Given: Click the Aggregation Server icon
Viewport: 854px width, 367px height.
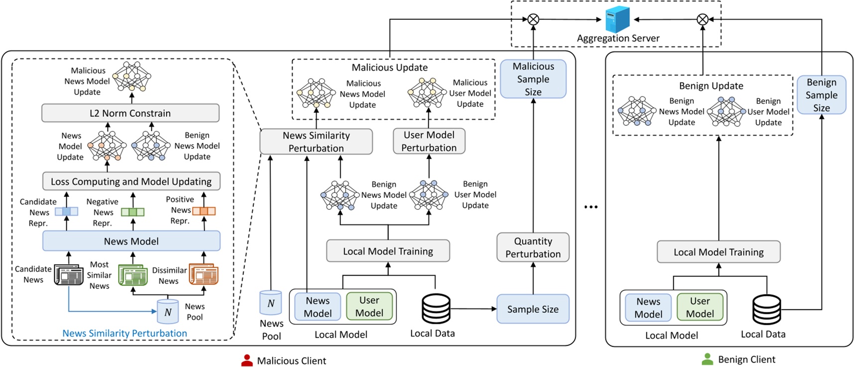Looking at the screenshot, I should pos(617,20).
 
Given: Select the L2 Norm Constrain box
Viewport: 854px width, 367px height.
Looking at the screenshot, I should pos(130,113).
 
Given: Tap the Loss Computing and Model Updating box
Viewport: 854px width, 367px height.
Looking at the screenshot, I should pos(131,182).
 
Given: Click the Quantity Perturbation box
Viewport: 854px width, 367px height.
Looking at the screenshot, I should pos(533,247).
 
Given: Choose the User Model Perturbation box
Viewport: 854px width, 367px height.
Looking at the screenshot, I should pos(429,141).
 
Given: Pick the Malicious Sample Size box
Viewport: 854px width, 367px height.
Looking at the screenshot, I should pos(533,79).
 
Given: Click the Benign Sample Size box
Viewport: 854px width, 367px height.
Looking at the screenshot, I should pos(821,95).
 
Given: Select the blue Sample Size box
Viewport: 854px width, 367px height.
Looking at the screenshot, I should pos(533,309).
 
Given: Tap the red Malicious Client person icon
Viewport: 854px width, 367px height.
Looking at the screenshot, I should pos(246,361).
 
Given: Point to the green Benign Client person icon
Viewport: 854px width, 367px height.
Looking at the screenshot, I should pos(707,360).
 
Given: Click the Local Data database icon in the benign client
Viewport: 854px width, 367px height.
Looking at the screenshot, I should pos(766,309).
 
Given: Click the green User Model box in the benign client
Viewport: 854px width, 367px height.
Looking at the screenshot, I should pos(700,307).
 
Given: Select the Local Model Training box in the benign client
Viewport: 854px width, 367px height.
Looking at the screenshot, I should pos(718,252).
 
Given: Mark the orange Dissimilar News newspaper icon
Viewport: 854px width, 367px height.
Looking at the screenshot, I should pos(204,275).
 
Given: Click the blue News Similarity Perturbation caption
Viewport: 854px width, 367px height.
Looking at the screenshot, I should pos(124,333).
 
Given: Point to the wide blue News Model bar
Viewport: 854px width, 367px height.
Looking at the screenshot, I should pos(131,241).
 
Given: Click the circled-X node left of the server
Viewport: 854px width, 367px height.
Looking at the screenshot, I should pos(533,20).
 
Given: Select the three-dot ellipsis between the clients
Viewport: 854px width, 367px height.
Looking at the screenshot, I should pos(591,207).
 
